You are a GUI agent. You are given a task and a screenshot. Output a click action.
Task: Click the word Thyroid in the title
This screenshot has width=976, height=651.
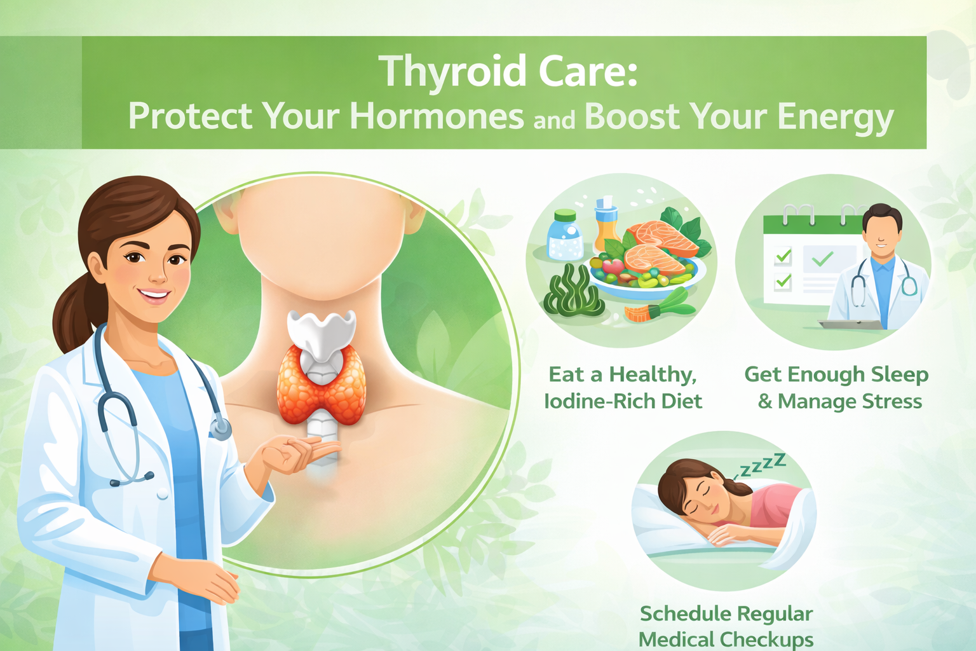pos(454,72)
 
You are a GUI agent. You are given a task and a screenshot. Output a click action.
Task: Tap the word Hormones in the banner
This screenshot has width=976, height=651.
pos(437,117)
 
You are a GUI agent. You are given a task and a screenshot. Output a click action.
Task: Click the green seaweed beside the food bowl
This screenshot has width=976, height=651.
pos(572,292)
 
